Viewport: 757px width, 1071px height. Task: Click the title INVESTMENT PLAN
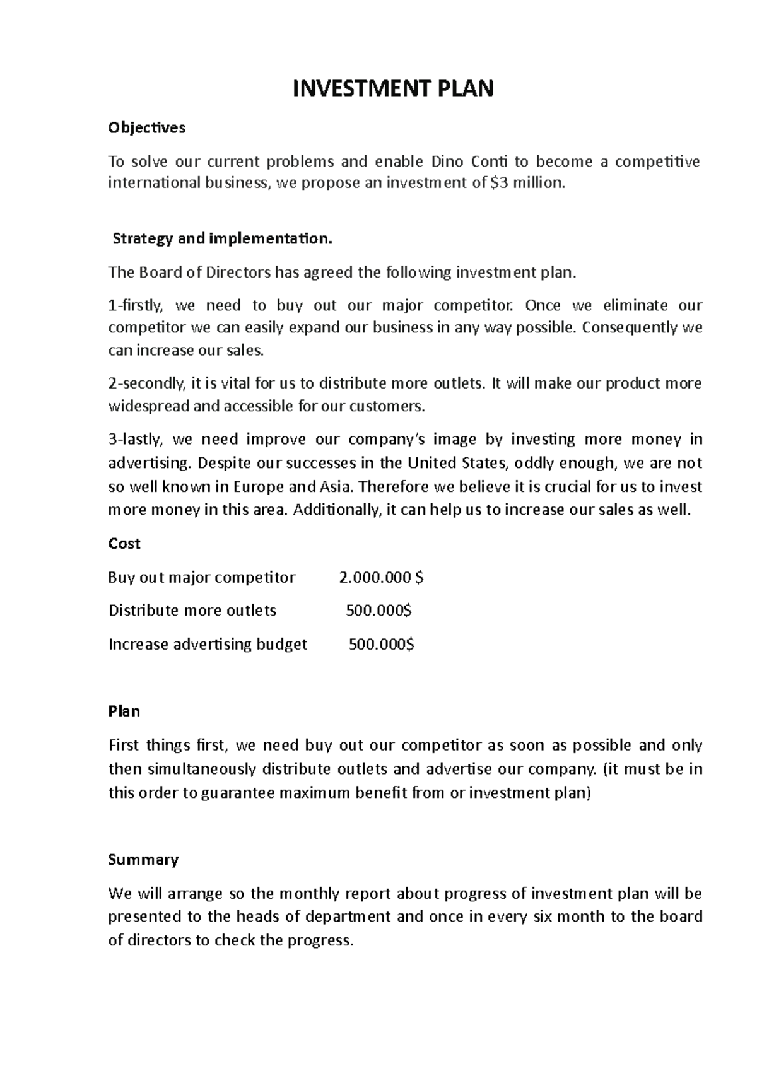point(392,89)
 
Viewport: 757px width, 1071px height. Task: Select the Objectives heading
point(147,128)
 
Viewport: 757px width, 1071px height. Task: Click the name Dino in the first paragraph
point(447,161)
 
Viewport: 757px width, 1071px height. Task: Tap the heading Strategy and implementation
point(221,239)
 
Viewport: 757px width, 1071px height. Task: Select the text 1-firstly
point(136,306)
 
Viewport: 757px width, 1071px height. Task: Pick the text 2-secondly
point(147,383)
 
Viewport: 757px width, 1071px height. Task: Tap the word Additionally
point(337,510)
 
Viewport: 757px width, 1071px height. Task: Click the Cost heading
point(124,544)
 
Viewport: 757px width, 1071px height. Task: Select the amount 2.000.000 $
point(381,578)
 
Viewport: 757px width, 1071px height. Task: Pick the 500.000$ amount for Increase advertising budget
point(382,645)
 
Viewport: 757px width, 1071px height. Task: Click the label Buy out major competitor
point(202,578)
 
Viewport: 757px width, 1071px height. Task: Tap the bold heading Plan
point(124,711)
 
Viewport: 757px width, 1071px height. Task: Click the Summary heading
point(144,860)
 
